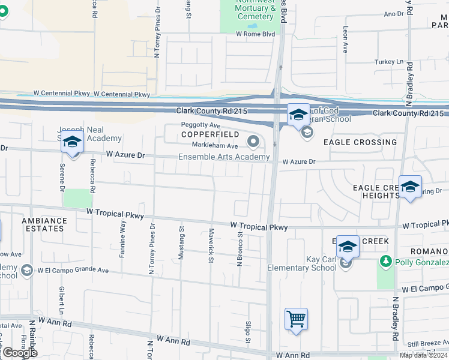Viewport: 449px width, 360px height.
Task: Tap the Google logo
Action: point(19,353)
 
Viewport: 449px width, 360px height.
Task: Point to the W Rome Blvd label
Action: point(255,34)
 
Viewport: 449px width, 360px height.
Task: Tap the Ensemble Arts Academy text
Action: point(224,157)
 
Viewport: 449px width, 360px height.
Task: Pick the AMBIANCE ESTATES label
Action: point(44,224)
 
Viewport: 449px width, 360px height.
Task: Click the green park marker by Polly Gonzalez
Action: point(384,262)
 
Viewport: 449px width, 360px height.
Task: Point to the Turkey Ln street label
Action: point(389,62)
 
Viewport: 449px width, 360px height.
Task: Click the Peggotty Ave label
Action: point(201,125)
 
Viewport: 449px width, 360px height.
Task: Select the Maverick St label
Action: point(211,245)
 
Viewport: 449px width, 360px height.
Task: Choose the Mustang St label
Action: point(181,243)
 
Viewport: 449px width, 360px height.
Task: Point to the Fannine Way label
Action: point(123,239)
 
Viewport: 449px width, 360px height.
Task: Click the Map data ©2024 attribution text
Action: point(423,355)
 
